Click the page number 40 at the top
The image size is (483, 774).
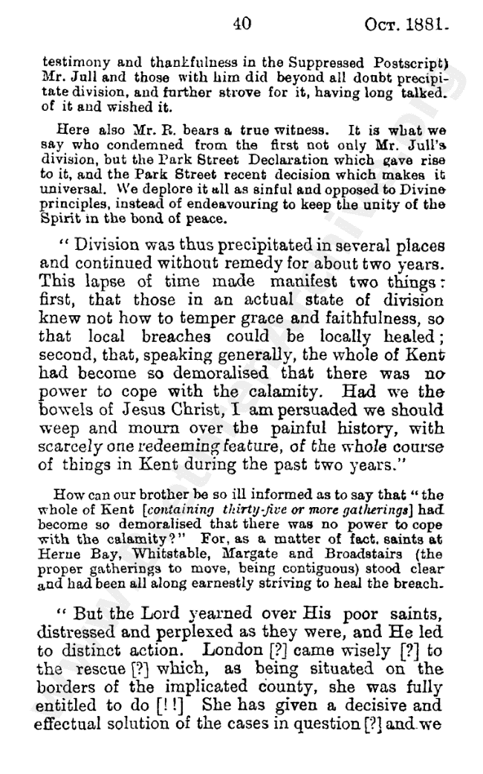241,23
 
